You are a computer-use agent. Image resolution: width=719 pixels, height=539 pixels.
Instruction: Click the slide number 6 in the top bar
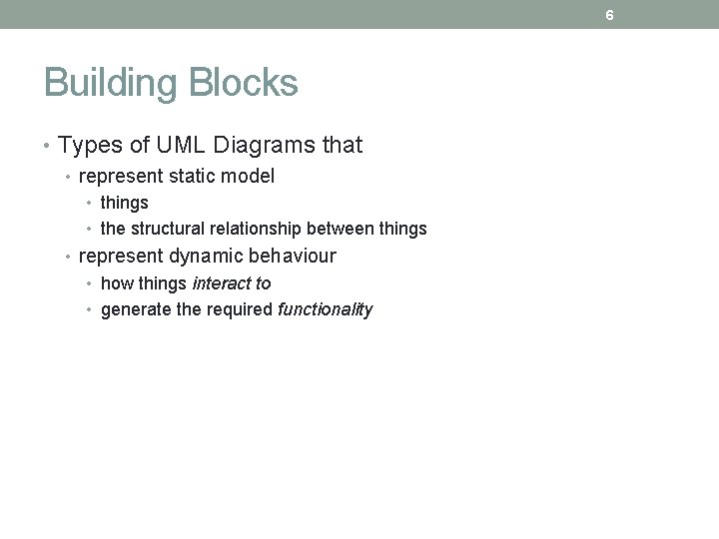[608, 14]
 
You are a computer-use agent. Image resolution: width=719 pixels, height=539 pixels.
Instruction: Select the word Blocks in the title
[245, 84]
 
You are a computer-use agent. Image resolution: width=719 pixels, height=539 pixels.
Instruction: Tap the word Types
[90, 146]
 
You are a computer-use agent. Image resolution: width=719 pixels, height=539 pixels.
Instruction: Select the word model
[251, 177]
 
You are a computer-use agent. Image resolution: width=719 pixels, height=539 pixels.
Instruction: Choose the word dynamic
[203, 256]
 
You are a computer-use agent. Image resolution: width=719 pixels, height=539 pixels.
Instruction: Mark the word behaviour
[291, 256]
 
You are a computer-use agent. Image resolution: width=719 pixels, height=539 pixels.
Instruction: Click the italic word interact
[222, 283]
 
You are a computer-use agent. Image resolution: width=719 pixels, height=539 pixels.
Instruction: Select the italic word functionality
[325, 309]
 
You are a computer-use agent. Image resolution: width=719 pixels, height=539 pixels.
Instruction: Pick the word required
[238, 309]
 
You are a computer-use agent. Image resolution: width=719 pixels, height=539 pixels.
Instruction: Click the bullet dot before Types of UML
[49, 147]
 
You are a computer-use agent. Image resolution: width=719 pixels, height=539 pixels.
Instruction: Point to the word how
[115, 283]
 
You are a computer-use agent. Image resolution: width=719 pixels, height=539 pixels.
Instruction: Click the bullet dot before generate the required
[91, 309]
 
